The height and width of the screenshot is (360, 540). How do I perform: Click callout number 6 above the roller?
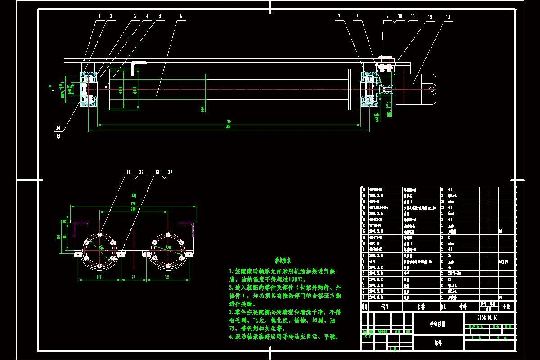tap(181, 17)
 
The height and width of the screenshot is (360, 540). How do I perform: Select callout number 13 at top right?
tap(448, 17)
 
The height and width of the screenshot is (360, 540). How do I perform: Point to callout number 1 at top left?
tap(99, 16)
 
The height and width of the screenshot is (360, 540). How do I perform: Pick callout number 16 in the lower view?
tap(128, 172)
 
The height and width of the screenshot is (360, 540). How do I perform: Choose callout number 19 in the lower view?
tap(170, 172)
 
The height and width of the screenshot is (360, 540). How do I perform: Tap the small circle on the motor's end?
tap(432, 90)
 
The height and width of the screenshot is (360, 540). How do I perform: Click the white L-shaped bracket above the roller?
tap(137, 67)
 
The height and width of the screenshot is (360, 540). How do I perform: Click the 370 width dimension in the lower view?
tap(133, 204)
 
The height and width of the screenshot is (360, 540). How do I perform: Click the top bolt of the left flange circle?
tap(100, 235)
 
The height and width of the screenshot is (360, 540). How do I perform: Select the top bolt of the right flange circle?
tap(167, 235)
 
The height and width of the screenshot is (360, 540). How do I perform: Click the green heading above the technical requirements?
tap(283, 261)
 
